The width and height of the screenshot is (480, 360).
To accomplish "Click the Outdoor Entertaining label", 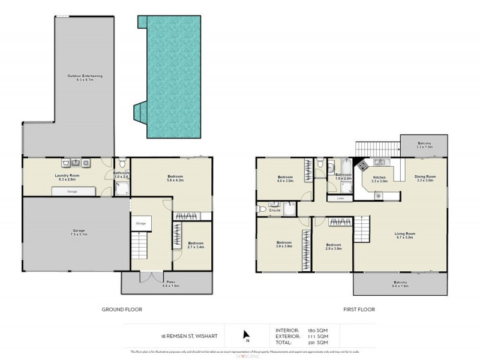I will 85,78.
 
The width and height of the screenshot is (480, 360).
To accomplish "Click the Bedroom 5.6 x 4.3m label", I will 171,178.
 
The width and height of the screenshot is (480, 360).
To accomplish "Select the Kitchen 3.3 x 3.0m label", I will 380,179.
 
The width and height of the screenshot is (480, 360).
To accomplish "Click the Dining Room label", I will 425,178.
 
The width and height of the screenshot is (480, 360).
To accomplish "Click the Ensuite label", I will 275,210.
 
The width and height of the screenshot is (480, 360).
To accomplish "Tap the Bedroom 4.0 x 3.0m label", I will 285,179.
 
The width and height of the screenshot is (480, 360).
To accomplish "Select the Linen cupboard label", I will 340,197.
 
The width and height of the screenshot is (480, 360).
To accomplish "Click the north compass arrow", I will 244,335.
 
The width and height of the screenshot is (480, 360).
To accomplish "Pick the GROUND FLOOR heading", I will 122,309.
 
